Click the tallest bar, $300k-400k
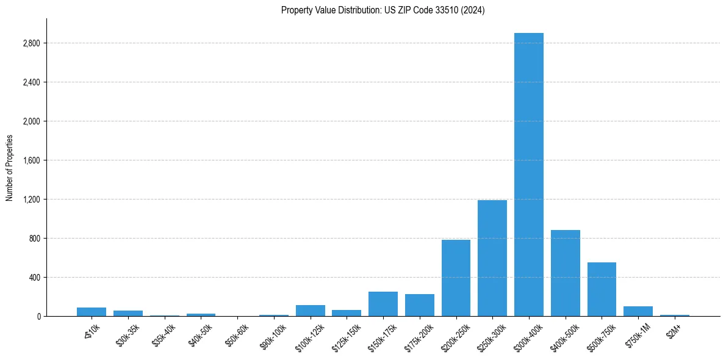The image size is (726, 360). (x=529, y=175)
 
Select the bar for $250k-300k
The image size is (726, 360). (x=492, y=258)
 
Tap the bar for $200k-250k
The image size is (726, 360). (x=456, y=278)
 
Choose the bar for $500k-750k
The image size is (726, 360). (x=602, y=289)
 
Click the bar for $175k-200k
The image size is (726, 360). (x=420, y=305)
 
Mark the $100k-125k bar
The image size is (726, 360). (x=310, y=311)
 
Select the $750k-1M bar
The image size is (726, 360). (x=638, y=311)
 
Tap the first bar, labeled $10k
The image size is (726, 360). (x=92, y=312)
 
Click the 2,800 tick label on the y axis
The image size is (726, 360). (x=32, y=43)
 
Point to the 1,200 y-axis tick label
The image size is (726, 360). (x=32, y=200)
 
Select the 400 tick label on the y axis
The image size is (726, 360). (x=35, y=278)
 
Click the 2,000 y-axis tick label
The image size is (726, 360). (x=32, y=121)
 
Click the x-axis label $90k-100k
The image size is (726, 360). (x=272, y=333)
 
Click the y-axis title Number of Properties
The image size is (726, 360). (x=9, y=168)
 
